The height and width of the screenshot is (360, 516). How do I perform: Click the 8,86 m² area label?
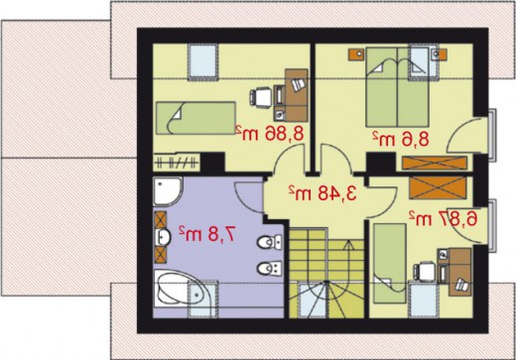pyautogui.click(x=270, y=134)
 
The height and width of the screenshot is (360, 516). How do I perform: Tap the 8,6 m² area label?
pyautogui.click(x=401, y=139)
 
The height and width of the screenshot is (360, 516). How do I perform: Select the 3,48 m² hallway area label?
pyautogui.click(x=322, y=192)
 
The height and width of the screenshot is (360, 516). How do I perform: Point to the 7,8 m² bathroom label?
pyautogui.click(x=207, y=234)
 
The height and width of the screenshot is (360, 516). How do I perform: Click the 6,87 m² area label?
pyautogui.click(x=444, y=218)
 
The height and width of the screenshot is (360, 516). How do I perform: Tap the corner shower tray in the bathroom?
pyautogui.click(x=168, y=191)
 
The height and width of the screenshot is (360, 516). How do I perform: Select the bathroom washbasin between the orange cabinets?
pyautogui.click(x=163, y=237)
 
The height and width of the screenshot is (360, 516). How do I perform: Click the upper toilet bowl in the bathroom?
pyautogui.click(x=269, y=242)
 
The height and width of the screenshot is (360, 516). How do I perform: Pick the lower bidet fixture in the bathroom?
pyautogui.click(x=269, y=268)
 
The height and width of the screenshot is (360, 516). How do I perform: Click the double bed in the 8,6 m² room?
pyautogui.click(x=397, y=87)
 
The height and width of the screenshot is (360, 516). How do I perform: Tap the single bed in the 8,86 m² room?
pyautogui.click(x=195, y=118)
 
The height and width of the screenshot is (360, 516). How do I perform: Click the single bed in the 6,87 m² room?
pyautogui.click(x=390, y=263)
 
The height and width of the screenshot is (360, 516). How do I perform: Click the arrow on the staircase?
pyautogui.click(x=348, y=260)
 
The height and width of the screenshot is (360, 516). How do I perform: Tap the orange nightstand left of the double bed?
pyautogui.click(x=356, y=55)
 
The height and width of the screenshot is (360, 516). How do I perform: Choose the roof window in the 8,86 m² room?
pyautogui.click(x=203, y=61)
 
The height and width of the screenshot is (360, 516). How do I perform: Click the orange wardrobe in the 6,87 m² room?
pyautogui.click(x=438, y=187)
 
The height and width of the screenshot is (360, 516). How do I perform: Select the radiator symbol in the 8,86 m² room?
pyautogui.click(x=177, y=163)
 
